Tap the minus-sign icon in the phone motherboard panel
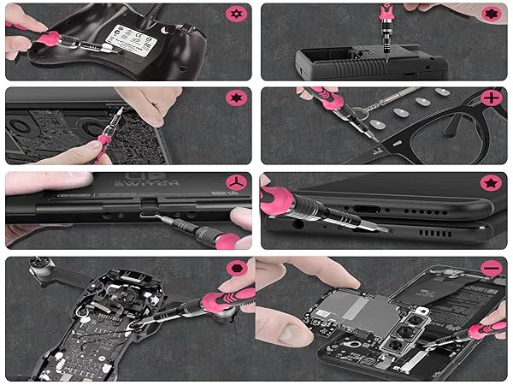pyautogui.click(x=491, y=269)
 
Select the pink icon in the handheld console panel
pyautogui.click(x=491, y=15)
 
